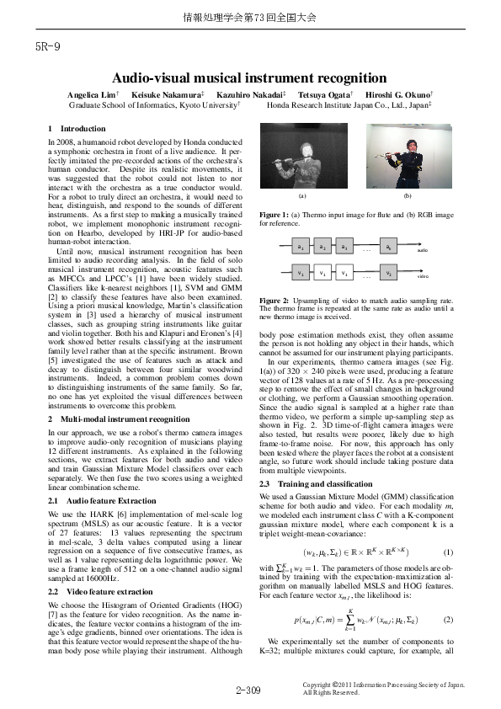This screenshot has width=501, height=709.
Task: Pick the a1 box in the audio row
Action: tap(301, 248)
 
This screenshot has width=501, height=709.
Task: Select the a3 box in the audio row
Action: tap(344, 248)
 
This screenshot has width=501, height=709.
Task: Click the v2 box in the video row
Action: tap(387, 274)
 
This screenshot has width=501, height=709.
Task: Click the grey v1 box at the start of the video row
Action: tap(301, 274)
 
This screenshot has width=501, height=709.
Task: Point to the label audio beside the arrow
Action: tap(423, 250)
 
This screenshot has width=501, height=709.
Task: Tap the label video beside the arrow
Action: tap(423, 276)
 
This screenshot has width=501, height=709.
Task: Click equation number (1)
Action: tap(448, 529)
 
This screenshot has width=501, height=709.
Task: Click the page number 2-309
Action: tap(249, 690)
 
